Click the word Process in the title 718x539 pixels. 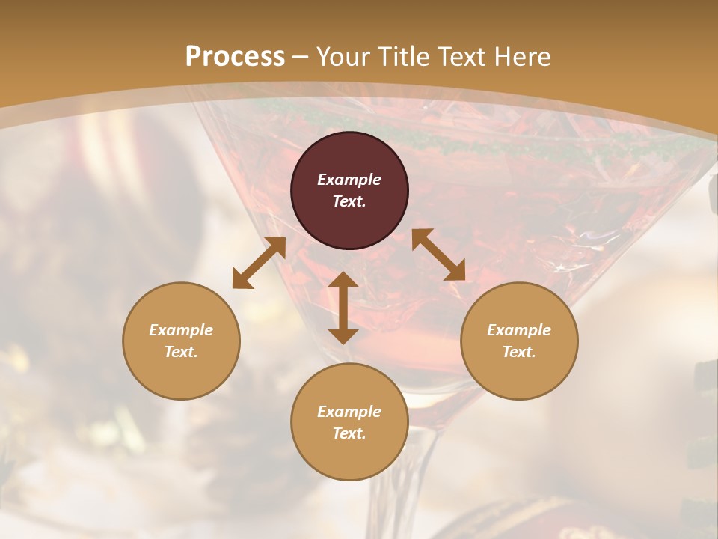[x=235, y=57]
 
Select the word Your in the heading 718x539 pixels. [x=342, y=57]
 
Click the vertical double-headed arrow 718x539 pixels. [x=343, y=308]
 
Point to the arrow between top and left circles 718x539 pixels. [x=259, y=263]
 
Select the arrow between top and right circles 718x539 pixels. [x=438, y=255]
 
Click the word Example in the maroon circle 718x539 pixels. [x=349, y=180]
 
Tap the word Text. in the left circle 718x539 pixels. [x=181, y=352]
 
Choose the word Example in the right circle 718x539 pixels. [x=519, y=330]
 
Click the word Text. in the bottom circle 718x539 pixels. [x=349, y=433]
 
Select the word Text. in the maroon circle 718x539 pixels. [x=349, y=201]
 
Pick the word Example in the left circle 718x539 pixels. [x=181, y=330]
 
